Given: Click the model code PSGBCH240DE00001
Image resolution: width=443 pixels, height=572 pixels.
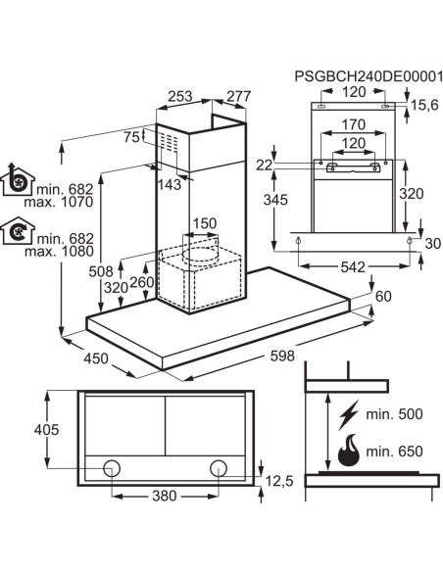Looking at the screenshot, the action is point(369,77).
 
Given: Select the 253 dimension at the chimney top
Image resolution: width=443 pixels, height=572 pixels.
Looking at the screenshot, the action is point(180,96).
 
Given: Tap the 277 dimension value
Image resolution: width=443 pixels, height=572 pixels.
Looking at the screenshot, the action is point(239,96).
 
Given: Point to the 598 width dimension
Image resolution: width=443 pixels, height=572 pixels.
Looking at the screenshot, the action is point(282,356).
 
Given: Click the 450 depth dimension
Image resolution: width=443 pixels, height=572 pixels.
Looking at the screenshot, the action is point(96,358).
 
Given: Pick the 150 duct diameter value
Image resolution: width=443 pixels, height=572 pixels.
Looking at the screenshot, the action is point(205,223).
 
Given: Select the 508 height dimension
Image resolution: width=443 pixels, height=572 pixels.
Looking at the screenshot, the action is point(101,271).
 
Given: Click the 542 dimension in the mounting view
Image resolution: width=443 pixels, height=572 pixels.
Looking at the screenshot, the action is point(353,267).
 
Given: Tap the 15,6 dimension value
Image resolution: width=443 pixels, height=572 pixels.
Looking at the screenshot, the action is point(424,105).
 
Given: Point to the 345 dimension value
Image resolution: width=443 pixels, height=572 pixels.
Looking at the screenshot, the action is point(275,200).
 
